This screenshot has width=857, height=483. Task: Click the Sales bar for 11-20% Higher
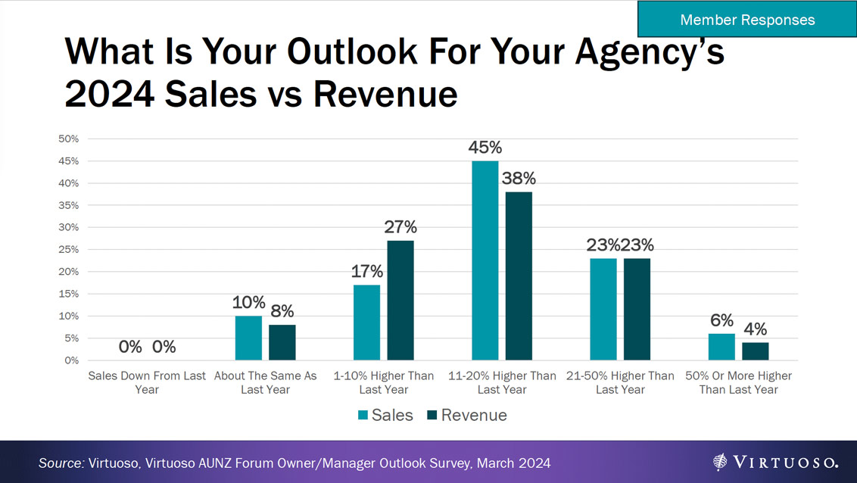click(485, 260)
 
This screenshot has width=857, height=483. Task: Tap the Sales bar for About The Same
click(248, 338)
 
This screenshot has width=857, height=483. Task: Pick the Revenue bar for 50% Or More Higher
click(755, 351)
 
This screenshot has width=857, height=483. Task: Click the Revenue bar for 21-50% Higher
click(637, 309)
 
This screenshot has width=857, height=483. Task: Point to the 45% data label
click(485, 148)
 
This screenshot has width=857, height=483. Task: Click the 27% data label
click(400, 227)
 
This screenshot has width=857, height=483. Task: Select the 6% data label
click(721, 320)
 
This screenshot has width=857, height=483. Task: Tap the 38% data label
click(519, 179)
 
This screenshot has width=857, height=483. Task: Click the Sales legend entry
click(385, 415)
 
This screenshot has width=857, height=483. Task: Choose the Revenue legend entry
click(466, 415)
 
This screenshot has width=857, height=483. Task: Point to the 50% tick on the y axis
click(69, 139)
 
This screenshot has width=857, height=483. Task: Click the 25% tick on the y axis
click(69, 250)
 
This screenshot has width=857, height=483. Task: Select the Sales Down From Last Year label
click(147, 382)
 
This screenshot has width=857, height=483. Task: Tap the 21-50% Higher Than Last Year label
click(620, 382)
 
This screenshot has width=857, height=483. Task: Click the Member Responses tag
click(746, 20)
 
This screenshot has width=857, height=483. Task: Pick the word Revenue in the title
click(385, 94)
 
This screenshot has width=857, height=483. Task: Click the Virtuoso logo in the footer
click(775, 462)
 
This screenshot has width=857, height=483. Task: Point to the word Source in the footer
click(59, 462)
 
